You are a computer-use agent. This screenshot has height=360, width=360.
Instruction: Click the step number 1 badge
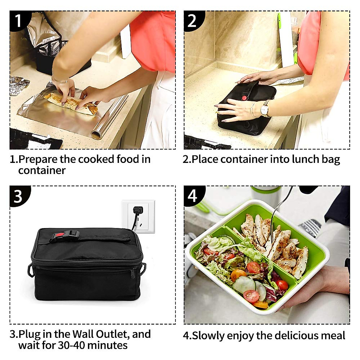pos(18,20)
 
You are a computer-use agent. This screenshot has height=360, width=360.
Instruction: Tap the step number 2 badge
pos(192,20)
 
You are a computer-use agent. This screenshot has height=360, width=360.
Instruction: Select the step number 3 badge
pos(18,196)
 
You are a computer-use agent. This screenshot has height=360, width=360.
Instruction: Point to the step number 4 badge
pos(192,196)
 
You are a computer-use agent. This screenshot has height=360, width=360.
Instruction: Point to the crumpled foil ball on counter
pos(19,85)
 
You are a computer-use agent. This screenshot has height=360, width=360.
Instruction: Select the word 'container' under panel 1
pos(42,170)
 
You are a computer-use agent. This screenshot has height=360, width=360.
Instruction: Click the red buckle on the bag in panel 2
pos(244,98)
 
